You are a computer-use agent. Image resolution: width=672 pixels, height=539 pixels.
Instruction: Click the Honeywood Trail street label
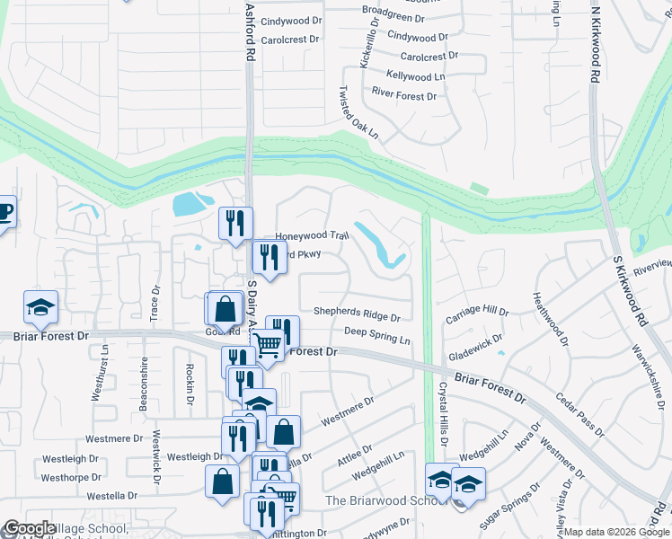click(311, 235)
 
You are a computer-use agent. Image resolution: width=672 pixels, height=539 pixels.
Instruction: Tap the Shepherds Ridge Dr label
click(356, 314)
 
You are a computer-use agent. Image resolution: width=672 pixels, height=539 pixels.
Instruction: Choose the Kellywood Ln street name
click(415, 76)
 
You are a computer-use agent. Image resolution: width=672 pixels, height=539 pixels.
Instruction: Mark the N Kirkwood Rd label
click(594, 45)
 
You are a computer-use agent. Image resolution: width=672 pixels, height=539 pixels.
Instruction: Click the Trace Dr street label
click(155, 304)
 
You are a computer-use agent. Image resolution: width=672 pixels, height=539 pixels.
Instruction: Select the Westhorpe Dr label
click(77, 477)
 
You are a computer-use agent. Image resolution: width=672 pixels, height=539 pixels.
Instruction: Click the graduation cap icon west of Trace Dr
click(40, 308)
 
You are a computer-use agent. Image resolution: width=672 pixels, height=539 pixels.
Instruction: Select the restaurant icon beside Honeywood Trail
click(235, 224)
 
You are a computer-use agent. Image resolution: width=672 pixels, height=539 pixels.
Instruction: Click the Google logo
click(30, 528)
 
